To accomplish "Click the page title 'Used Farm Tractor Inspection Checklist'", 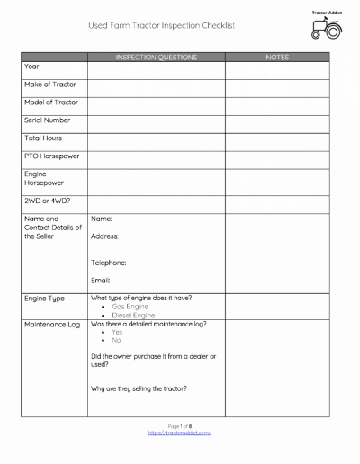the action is pyautogui.click(x=161, y=26).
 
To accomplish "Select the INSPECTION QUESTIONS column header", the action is pyautogui.click(x=156, y=57).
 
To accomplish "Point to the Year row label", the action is pyautogui.click(x=31, y=67).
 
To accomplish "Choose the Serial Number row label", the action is pyautogui.click(x=47, y=120).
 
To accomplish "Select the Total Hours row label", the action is pyautogui.click(x=43, y=138).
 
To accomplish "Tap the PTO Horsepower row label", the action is pyautogui.click(x=51, y=156).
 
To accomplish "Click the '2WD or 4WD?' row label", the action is pyautogui.click(x=47, y=201).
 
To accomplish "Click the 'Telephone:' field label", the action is pyautogui.click(x=109, y=263).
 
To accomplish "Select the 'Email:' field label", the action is pyautogui.click(x=101, y=280).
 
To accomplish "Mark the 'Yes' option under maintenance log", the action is pyautogui.click(x=117, y=332).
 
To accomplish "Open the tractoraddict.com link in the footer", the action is pyautogui.click(x=179, y=433).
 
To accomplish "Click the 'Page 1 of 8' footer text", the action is pyautogui.click(x=179, y=425).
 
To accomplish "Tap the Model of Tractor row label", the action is pyautogui.click(x=50, y=102).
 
